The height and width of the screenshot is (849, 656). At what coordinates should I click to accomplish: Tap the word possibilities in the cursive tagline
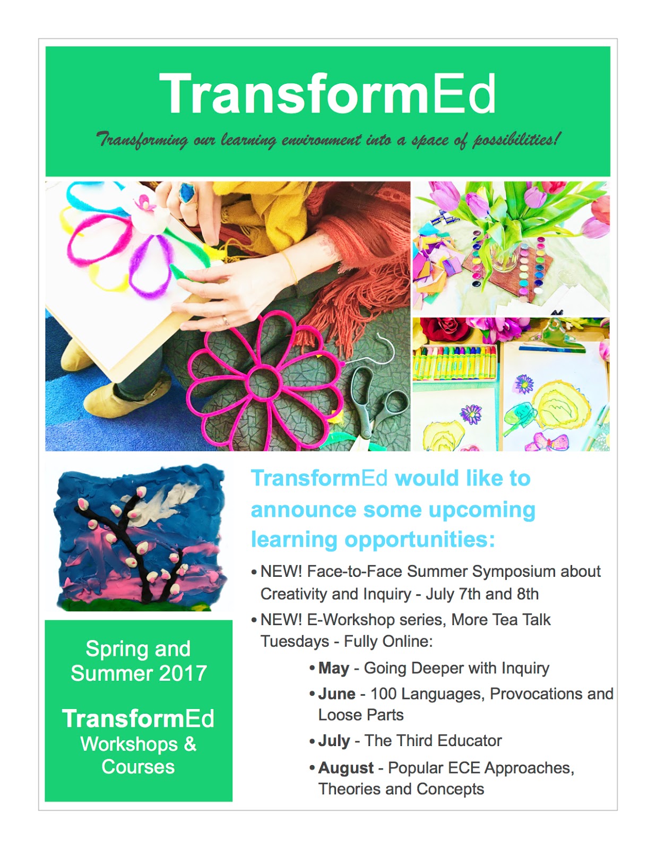515,140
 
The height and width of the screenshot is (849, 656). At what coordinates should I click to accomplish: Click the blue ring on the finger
187,193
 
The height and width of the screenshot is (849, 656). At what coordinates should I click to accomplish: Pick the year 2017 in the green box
183,673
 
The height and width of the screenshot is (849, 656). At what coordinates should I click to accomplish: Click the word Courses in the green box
138,767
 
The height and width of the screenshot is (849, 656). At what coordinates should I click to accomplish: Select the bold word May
333,668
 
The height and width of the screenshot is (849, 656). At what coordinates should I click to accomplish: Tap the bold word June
336,694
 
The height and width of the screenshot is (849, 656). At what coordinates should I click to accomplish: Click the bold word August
346,768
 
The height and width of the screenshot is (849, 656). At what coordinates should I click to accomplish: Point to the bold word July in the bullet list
334,741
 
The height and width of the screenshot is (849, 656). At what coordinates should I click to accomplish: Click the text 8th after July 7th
528,594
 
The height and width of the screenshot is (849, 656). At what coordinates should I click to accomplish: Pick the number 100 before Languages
384,694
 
